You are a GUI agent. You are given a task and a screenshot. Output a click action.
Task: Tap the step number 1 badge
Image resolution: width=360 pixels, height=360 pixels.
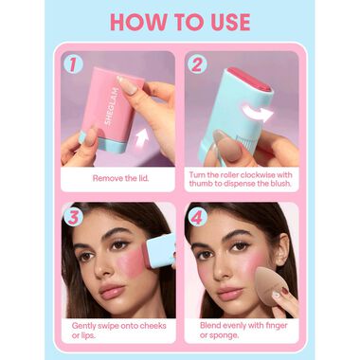[73, 64]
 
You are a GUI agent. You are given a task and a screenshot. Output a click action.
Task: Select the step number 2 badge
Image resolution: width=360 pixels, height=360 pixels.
[197, 64]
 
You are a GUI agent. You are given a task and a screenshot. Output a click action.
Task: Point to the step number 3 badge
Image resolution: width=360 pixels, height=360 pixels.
[73, 217]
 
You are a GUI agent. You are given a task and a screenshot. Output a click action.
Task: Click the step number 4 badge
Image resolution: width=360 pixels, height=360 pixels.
[197, 217]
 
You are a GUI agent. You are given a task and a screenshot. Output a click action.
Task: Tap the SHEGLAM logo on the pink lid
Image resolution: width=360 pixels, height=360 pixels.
[112, 107]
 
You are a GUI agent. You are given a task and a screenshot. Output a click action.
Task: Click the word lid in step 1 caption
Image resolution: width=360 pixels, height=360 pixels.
[143, 178]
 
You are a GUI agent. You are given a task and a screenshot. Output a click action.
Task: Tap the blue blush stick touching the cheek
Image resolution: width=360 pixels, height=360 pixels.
[160, 251]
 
